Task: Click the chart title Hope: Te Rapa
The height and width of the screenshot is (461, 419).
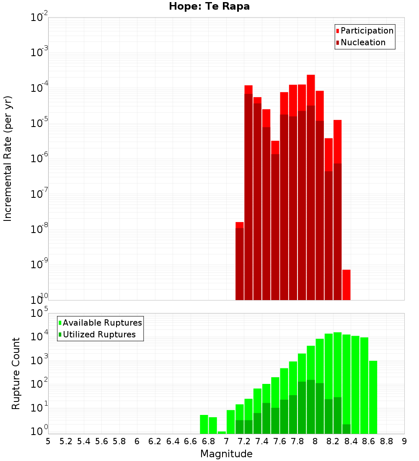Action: pyautogui.click(x=209, y=7)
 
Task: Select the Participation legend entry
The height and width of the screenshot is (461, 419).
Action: pyautogui.click(x=365, y=31)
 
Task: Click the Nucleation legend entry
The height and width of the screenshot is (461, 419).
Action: pyautogui.click(x=360, y=42)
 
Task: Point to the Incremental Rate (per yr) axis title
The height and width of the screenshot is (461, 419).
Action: pyautogui.click(x=8, y=158)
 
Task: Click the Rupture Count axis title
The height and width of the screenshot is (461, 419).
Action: pyautogui.click(x=16, y=373)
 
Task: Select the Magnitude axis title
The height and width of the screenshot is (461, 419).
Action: pyautogui.click(x=226, y=454)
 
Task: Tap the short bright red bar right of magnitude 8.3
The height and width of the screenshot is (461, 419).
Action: pyautogui.click(x=346, y=285)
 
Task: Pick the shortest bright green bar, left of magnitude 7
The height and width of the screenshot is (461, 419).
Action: pyautogui.click(x=222, y=433)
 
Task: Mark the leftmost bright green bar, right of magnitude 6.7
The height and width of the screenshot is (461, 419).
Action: pyautogui.click(x=204, y=424)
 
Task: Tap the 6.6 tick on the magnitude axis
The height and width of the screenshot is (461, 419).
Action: pyautogui.click(x=191, y=441)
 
